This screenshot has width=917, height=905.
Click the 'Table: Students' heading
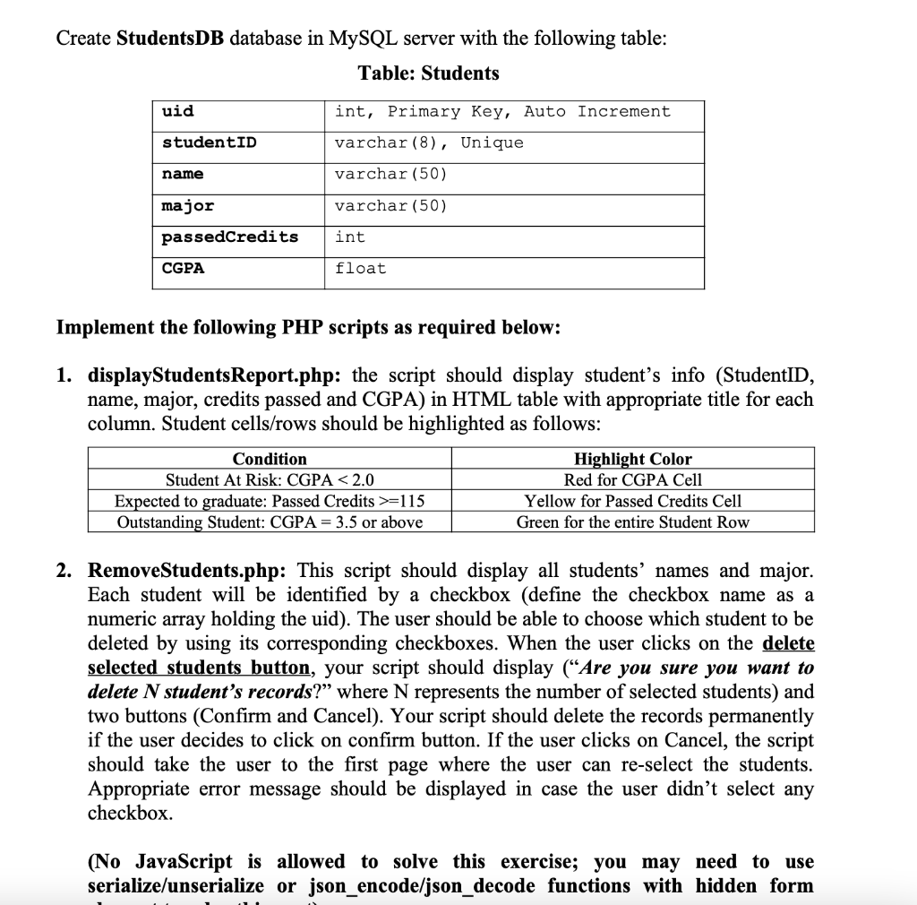click(x=428, y=73)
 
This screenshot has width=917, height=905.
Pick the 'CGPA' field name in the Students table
click(x=183, y=269)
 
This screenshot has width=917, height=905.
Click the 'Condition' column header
click(x=270, y=459)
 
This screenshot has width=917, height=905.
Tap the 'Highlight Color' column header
click(x=633, y=459)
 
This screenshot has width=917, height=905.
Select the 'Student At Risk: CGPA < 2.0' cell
click(x=270, y=480)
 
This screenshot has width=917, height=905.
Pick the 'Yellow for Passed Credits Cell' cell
click(x=633, y=501)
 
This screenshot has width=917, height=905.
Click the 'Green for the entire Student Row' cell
click(x=633, y=522)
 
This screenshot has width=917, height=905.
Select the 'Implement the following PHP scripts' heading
click(x=309, y=327)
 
